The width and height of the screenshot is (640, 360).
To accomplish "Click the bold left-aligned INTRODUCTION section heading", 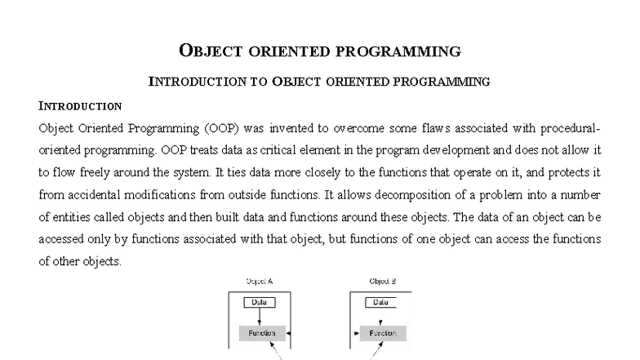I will pos(80,106).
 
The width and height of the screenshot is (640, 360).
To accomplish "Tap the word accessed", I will pos(64,240).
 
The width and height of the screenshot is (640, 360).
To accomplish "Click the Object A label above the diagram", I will pos(259,281).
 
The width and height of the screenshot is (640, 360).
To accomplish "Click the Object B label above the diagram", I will pos(382,281).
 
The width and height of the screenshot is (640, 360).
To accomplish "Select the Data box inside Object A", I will pos(259,302).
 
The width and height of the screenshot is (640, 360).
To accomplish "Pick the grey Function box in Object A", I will pos(258,333).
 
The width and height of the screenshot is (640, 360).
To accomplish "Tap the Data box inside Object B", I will pos(380,302).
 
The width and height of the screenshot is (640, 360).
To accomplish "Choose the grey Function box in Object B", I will pos(382,333).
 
